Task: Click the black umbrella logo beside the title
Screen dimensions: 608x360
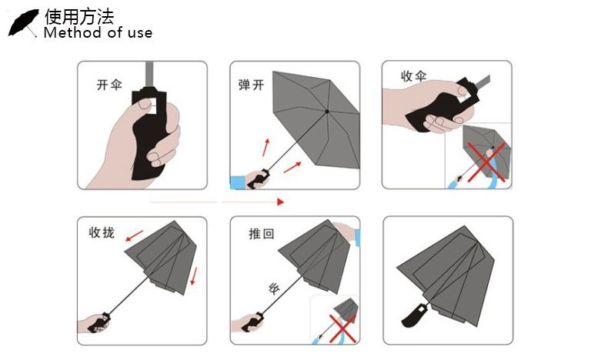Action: [23, 23]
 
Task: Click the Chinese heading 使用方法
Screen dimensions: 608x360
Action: [79, 17]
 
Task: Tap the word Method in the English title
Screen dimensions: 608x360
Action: [73, 32]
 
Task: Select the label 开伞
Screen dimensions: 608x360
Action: [109, 85]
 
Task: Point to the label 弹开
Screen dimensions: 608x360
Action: [251, 85]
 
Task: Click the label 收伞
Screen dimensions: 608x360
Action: [414, 76]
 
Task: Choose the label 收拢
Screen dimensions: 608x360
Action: [102, 232]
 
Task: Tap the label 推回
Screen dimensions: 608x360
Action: [262, 234]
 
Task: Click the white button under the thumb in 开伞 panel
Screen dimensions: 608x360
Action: [150, 106]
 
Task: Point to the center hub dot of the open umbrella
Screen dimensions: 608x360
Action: [327, 112]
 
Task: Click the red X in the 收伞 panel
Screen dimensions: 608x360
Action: [486, 162]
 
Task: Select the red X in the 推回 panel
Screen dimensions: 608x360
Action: [342, 328]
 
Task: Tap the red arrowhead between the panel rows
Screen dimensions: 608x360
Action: [281, 202]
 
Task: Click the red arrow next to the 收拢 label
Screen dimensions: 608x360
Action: [134, 235]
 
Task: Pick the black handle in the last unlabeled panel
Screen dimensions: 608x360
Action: [414, 315]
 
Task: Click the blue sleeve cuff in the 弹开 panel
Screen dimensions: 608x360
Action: [237, 182]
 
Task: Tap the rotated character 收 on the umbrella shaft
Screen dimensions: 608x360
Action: [274, 288]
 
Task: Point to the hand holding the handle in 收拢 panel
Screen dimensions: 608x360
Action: [93, 324]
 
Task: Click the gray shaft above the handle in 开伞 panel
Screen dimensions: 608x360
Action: [150, 75]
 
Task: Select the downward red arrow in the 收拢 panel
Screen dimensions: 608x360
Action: [194, 276]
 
